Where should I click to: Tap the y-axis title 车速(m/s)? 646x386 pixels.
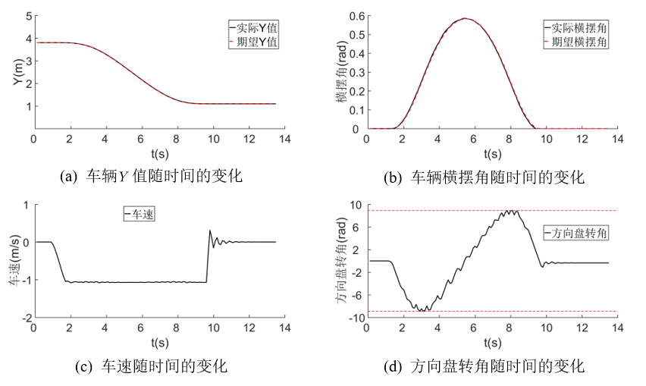click(16, 261)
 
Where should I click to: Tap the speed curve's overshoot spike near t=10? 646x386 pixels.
click(209, 231)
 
